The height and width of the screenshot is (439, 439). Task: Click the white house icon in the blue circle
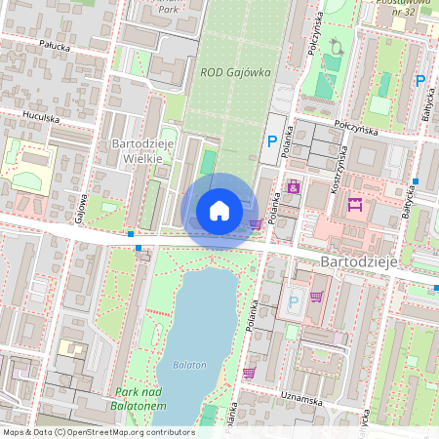pyautogui.click(x=219, y=210)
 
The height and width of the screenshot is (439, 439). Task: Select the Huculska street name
pyautogui.click(x=36, y=119)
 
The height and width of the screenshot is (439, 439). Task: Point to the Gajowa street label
pyautogui.click(x=82, y=206)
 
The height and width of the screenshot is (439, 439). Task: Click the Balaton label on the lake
pyautogui.click(x=191, y=365)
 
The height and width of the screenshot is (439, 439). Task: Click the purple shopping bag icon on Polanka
pyautogui.click(x=293, y=185)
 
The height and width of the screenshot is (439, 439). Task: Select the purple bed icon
pyautogui.click(x=355, y=205)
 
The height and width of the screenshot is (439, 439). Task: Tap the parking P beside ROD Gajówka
pyautogui.click(x=272, y=142)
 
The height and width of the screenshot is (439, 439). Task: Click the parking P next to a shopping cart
pyautogui.click(x=294, y=301)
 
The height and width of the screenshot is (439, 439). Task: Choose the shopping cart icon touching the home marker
pyautogui.click(x=255, y=223)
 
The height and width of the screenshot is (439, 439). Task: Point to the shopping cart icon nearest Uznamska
pyautogui.click(x=249, y=372)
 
